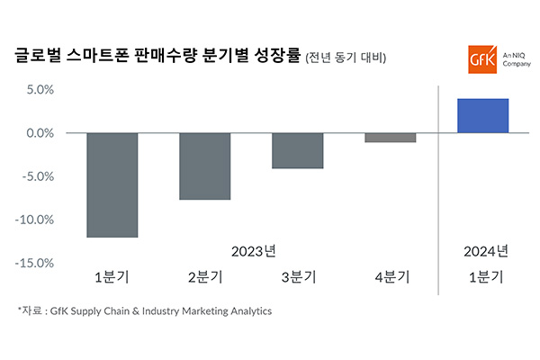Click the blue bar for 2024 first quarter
pos(483,116)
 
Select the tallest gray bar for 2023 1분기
pos(112,184)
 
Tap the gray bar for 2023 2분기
pos(204,166)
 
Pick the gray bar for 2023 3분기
pos(297,150)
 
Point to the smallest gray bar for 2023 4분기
pos(391,138)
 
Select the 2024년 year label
pos(484,249)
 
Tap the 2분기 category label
pos(204,277)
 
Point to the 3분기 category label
pos(297,277)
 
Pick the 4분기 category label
pos(391,277)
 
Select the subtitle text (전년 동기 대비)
pos(346,60)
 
